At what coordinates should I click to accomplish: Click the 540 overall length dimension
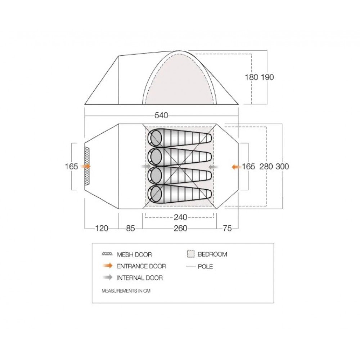tap(161, 115)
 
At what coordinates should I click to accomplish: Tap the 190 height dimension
tap(267, 77)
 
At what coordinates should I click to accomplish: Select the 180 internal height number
tap(252, 77)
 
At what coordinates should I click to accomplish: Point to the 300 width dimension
tap(282, 166)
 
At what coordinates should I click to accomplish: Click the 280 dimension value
tap(266, 166)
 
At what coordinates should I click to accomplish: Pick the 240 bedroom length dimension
tap(180, 217)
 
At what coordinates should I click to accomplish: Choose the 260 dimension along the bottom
tap(180, 229)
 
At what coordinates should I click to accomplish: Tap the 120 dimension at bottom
tap(102, 229)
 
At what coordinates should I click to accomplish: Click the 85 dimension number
tap(130, 229)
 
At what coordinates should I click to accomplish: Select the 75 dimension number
tap(227, 229)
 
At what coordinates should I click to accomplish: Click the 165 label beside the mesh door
tap(71, 166)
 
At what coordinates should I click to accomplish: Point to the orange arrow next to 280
tap(236, 167)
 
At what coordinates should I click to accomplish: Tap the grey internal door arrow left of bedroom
tap(146, 166)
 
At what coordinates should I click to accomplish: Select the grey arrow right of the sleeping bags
tap(213, 167)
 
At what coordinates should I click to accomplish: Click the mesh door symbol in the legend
tap(107, 254)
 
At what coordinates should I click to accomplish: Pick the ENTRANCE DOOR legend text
tap(141, 266)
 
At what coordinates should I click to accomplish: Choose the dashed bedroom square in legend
tap(191, 254)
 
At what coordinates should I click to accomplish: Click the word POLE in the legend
tap(205, 266)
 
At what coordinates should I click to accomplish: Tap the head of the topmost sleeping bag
tap(155, 138)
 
